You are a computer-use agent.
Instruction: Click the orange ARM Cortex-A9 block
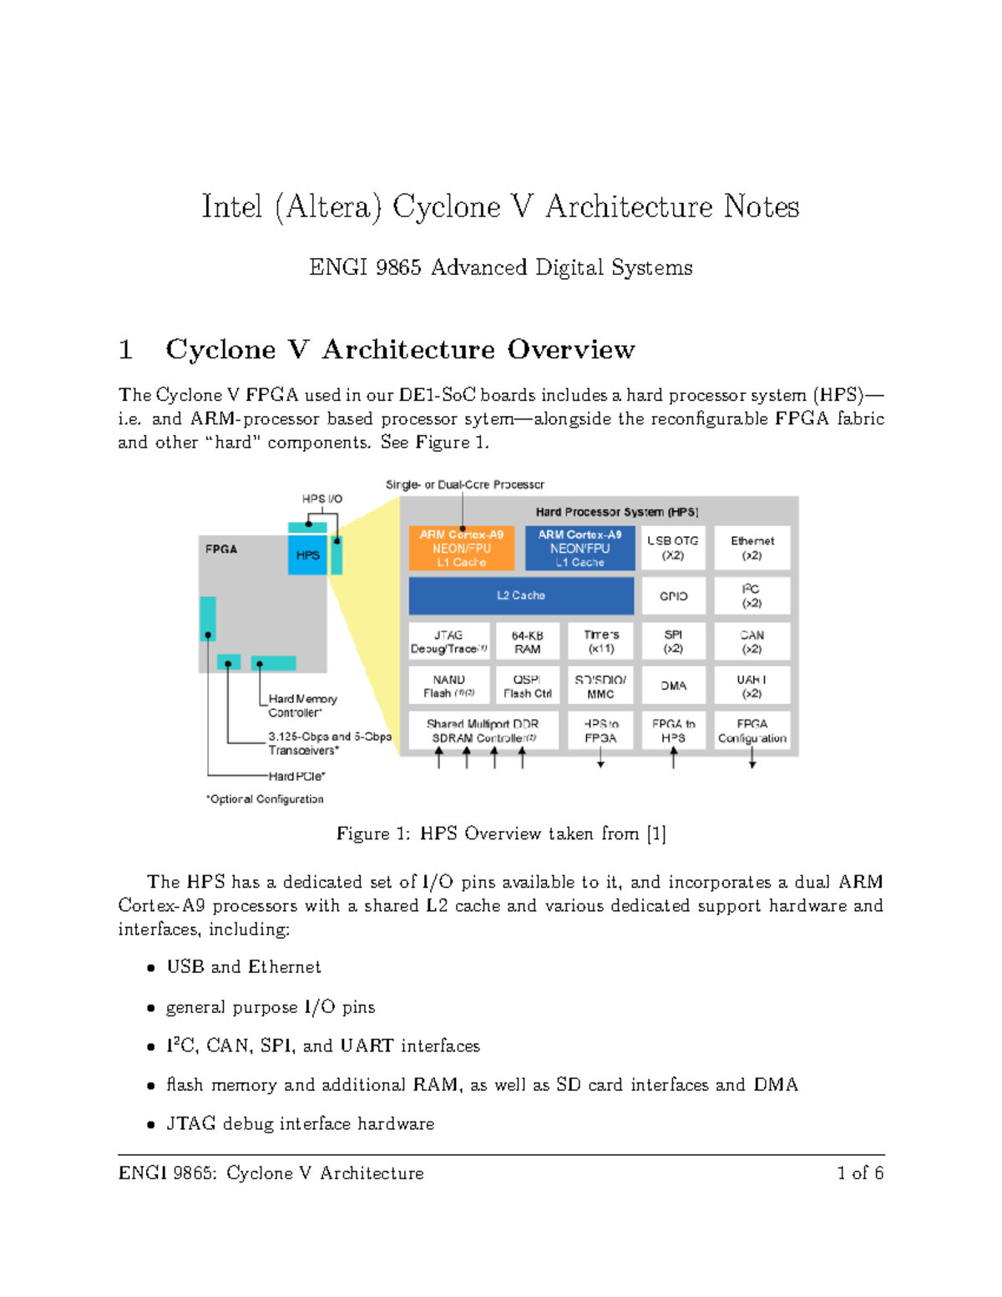point(461,548)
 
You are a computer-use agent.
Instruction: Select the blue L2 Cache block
point(521,595)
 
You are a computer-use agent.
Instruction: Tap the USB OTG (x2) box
point(673,548)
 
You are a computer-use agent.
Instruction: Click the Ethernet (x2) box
point(751,548)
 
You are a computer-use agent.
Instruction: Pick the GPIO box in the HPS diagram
point(673,596)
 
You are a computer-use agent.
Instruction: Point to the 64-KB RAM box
point(527,641)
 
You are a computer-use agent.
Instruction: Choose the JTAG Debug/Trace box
point(449,641)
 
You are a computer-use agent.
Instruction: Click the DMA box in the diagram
point(673,686)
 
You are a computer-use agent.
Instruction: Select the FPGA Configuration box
point(751,731)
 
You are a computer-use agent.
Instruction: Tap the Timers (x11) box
point(600,641)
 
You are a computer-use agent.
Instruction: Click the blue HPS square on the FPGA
point(307,555)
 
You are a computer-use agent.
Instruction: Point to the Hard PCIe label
point(296,776)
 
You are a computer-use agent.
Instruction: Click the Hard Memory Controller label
point(302,706)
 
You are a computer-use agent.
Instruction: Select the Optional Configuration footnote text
point(265,799)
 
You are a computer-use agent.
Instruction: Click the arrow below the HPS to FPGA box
point(600,758)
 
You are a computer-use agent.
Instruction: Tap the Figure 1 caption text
point(501,833)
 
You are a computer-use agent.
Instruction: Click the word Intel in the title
point(231,206)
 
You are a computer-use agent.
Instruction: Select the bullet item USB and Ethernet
point(243,967)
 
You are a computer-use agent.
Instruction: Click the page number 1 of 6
point(860,1173)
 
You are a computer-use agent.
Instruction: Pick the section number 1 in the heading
point(126,349)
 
